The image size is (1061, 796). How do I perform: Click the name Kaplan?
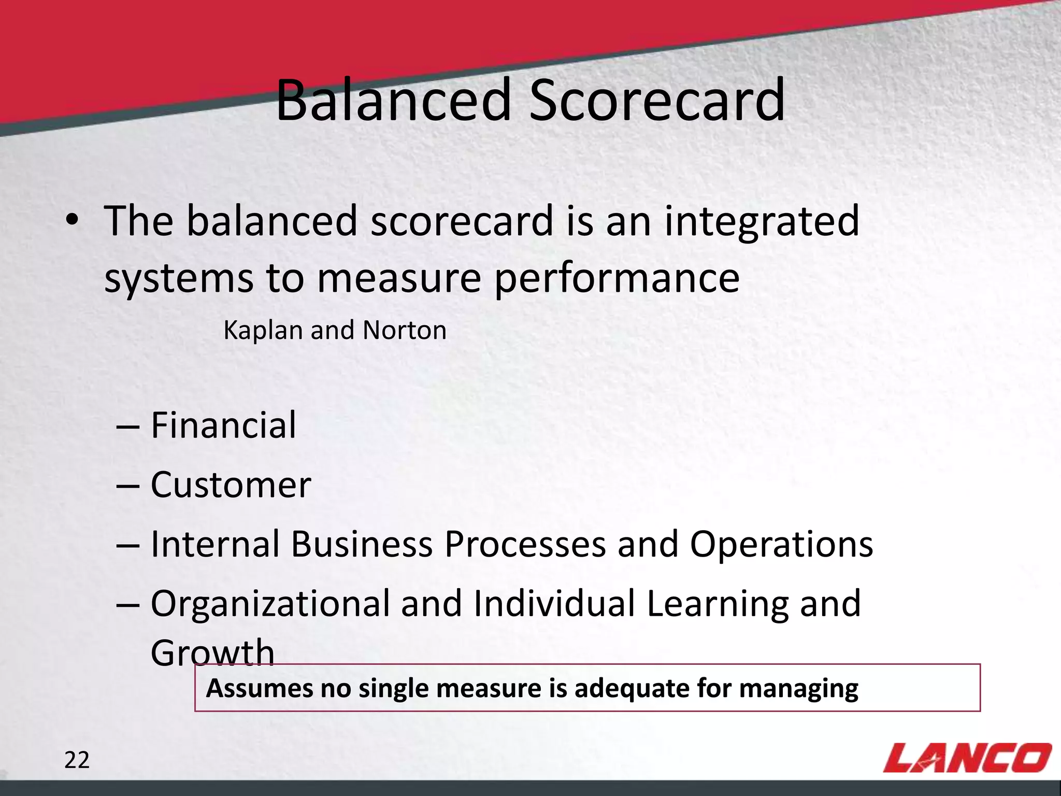click(x=263, y=331)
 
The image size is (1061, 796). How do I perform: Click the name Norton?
click(x=405, y=331)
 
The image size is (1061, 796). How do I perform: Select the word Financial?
click(x=223, y=425)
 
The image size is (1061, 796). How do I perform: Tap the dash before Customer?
click(x=127, y=486)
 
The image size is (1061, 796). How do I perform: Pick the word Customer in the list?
click(x=231, y=486)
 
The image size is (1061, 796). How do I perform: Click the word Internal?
click(x=215, y=545)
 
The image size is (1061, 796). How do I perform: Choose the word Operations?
click(x=781, y=545)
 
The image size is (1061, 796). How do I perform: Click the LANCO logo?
click(x=967, y=758)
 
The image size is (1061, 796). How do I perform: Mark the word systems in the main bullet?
click(x=179, y=279)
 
